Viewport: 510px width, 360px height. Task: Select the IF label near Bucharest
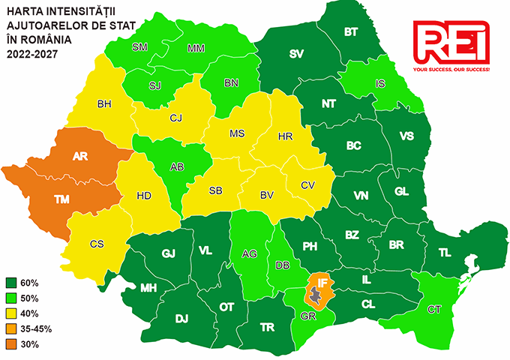click(322, 283)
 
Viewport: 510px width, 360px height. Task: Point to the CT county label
click(433, 309)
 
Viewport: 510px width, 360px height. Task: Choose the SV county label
click(298, 53)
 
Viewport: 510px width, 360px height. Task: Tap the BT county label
click(350, 32)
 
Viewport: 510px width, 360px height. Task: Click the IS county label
click(380, 83)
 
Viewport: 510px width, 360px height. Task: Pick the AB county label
click(177, 167)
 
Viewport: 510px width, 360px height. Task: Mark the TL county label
click(445, 253)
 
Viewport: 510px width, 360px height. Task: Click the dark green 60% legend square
click(12, 283)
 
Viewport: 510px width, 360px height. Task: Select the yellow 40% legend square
click(12, 313)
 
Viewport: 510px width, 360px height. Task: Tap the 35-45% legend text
click(37, 329)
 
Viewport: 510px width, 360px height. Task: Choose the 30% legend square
click(12, 344)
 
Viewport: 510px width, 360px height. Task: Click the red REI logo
click(451, 42)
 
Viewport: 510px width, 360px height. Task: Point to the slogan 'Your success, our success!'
click(451, 69)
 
